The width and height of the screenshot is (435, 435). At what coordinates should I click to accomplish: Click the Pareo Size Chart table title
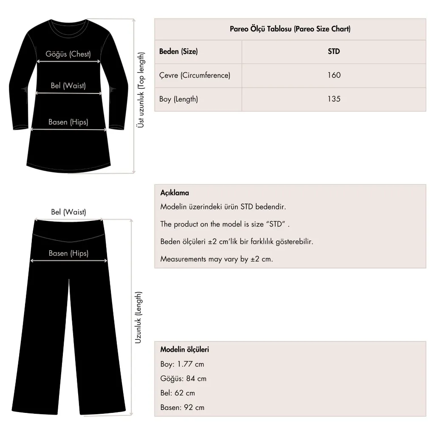pyautogui.click(x=290, y=29)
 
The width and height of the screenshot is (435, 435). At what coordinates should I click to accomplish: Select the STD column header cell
pyautogui.click(x=334, y=51)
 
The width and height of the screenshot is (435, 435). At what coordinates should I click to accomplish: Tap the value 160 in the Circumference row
pyautogui.click(x=334, y=75)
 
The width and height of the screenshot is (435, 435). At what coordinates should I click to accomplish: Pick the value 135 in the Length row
pyautogui.click(x=334, y=99)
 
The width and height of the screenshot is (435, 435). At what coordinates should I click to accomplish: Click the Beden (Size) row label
pyautogui.click(x=178, y=51)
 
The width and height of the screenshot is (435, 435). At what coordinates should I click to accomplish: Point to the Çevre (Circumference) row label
pyautogui.click(x=195, y=75)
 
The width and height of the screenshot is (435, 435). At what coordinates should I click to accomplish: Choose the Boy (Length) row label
pyautogui.click(x=178, y=99)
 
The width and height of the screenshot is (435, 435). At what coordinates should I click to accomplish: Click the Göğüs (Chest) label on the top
pyautogui.click(x=68, y=54)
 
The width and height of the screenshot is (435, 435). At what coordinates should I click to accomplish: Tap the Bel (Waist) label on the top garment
pyautogui.click(x=68, y=86)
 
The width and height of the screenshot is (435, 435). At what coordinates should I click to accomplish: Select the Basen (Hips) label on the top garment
pyautogui.click(x=68, y=122)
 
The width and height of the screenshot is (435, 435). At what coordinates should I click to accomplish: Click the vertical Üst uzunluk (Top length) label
pyautogui.click(x=141, y=90)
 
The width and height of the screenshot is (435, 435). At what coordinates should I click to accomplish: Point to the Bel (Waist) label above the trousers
pyautogui.click(x=68, y=212)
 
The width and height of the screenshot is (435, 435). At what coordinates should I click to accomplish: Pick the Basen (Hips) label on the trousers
pyautogui.click(x=68, y=253)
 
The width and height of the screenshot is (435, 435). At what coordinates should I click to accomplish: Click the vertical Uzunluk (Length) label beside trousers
pyautogui.click(x=138, y=317)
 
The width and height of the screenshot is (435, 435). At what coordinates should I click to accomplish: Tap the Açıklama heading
pyautogui.click(x=175, y=193)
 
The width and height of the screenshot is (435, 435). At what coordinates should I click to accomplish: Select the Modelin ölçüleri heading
pyautogui.click(x=184, y=350)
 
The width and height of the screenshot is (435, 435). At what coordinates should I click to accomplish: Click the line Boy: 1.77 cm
pyautogui.click(x=182, y=364)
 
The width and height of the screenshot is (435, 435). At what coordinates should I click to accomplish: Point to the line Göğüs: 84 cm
pyautogui.click(x=183, y=379)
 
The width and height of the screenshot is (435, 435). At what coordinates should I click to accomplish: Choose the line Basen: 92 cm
pyautogui.click(x=182, y=407)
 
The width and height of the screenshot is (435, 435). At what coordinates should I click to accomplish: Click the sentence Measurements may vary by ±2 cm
pyautogui.click(x=217, y=259)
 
